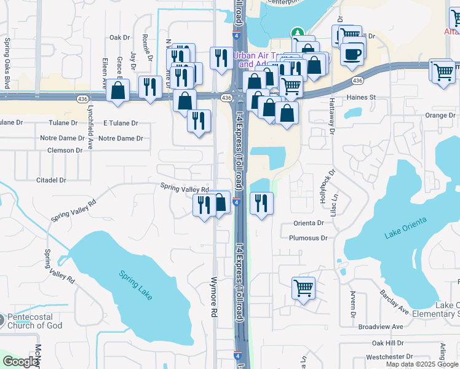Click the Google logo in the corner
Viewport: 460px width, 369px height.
(21, 362)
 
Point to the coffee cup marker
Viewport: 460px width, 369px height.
(352, 54)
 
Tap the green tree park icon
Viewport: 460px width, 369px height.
(297, 33)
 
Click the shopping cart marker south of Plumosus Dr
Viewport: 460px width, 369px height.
(303, 287)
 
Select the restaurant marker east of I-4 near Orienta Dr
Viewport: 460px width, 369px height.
(261, 203)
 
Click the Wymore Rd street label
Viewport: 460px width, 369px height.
(215, 296)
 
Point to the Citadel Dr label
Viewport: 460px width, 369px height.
(51, 180)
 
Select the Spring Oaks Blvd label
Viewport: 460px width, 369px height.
(7, 63)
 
